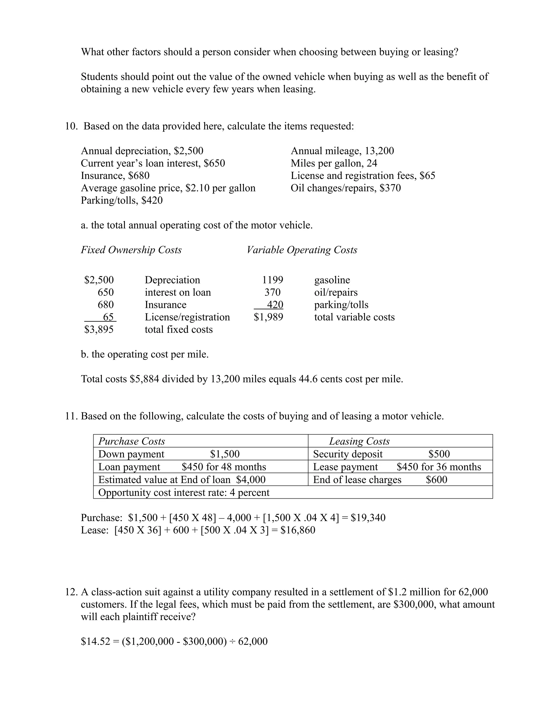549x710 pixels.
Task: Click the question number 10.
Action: click(x=71, y=126)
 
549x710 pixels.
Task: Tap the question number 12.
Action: click(x=71, y=592)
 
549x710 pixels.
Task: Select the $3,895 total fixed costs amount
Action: click(x=99, y=329)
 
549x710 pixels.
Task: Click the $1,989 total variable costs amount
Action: click(x=268, y=317)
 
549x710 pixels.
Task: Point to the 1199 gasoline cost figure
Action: click(x=273, y=280)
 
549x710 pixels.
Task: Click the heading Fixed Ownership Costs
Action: click(x=131, y=250)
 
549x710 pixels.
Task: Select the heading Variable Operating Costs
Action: click(x=302, y=250)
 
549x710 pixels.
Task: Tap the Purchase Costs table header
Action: click(x=132, y=441)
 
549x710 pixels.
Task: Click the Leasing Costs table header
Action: click(x=359, y=441)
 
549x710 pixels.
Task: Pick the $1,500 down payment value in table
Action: click(x=225, y=454)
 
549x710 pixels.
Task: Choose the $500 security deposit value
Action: click(x=439, y=454)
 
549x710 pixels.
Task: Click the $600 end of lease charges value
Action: click(x=436, y=480)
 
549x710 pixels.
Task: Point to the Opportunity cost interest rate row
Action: click(x=184, y=492)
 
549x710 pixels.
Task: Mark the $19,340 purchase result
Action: click(x=368, y=518)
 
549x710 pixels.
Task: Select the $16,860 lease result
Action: click(x=298, y=530)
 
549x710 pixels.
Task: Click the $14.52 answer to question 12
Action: click(x=95, y=641)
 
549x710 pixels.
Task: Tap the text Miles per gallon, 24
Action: click(x=334, y=163)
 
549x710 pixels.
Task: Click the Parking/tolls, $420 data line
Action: click(x=122, y=200)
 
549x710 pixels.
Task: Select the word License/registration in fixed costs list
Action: click(x=187, y=317)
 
